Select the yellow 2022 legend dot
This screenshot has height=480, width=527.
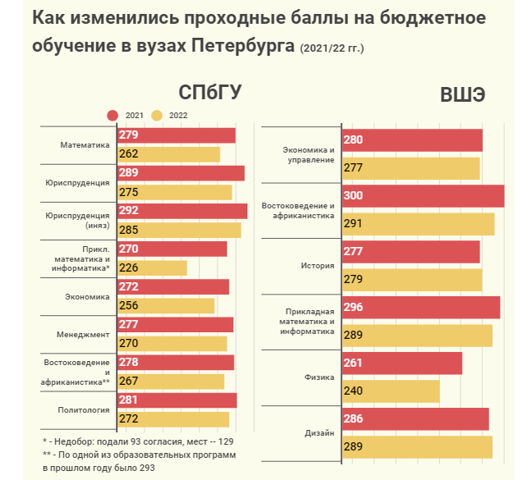coord(157,116)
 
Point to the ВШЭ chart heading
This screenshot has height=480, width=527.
coord(461,94)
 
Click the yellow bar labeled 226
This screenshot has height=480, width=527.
coord(153,267)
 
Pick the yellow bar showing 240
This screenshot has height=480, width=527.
coord(390,391)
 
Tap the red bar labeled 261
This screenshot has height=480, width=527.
coord(401,363)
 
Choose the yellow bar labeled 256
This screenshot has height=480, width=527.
coord(166,305)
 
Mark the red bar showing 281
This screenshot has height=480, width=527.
coord(177,400)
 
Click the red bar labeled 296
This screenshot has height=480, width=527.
coord(420,307)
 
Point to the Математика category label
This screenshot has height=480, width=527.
coord(85,145)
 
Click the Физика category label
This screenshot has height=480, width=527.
coord(319,377)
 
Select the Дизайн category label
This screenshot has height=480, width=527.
coord(319,432)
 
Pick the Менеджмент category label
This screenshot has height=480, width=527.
coord(83,335)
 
